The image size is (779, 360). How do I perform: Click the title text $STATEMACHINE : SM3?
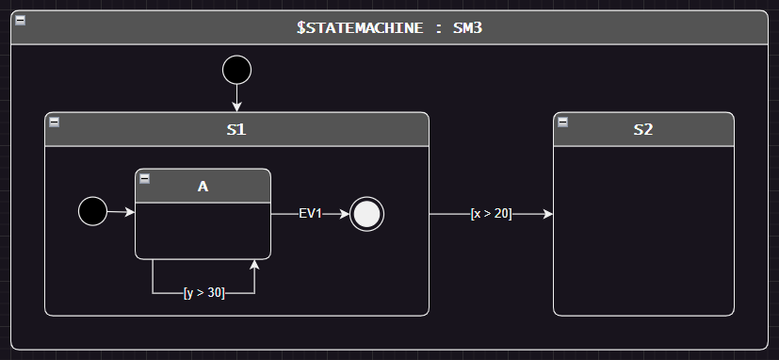coord(389,28)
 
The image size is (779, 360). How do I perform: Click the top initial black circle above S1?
coord(236,70)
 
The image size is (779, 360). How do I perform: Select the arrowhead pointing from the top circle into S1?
coord(236,106)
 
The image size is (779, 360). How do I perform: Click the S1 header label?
coord(236,130)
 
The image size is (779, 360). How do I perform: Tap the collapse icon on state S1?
coord(55,123)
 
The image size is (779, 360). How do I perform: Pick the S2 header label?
coord(643,130)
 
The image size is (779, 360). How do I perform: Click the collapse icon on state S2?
coord(563,123)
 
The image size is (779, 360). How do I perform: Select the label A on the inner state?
coord(203,187)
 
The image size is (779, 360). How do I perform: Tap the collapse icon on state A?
coord(145,179)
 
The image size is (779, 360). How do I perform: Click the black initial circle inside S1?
coord(92,212)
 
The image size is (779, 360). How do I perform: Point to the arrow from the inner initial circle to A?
coord(122,212)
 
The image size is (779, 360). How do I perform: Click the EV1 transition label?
coord(311,214)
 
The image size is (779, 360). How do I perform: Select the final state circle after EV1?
coord(367,214)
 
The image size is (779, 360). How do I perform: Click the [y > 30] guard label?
coord(203,293)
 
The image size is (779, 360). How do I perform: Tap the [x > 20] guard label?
coord(491,214)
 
